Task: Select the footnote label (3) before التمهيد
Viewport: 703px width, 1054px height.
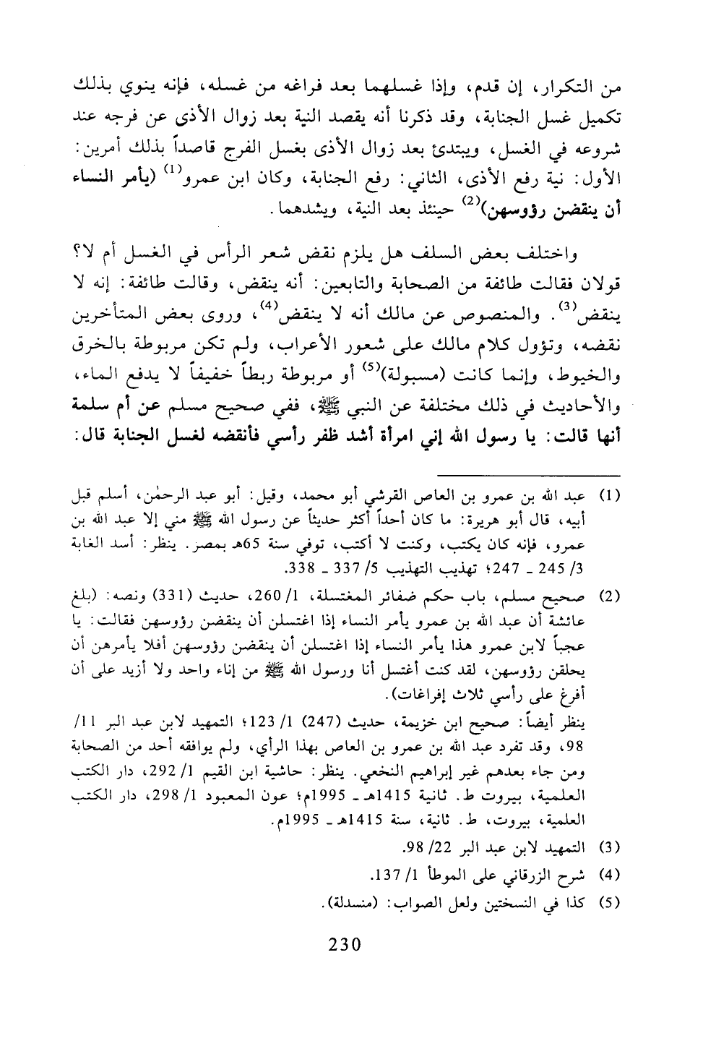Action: [610, 845]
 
